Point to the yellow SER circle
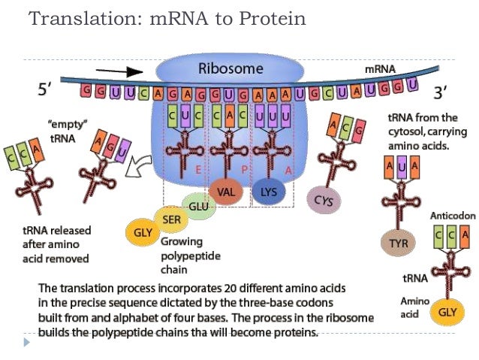coord(170,219)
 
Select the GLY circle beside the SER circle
coord(143,232)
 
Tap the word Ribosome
coord(230,69)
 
